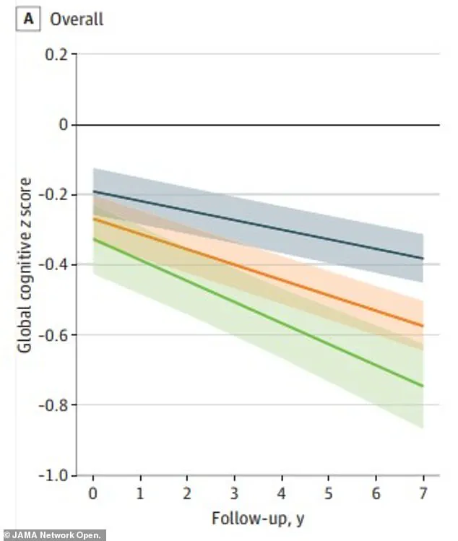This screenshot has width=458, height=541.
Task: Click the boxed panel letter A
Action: click(30, 19)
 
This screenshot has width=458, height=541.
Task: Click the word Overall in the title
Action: click(77, 19)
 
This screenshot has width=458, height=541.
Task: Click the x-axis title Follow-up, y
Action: click(257, 519)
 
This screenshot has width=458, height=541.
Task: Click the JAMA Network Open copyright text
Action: click(53, 535)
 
